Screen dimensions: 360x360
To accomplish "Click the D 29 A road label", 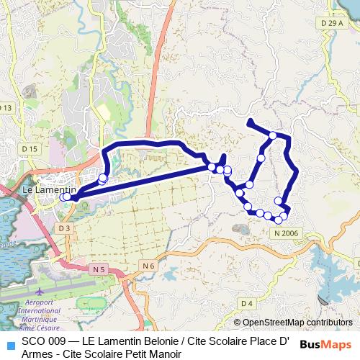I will [x=331, y=24].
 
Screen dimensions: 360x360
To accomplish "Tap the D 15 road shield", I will [x=30, y=148].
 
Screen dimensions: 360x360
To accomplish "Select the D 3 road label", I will [x=65, y=228].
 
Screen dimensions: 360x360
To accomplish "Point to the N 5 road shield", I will [x=99, y=269].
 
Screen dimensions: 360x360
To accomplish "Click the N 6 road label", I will [x=148, y=266].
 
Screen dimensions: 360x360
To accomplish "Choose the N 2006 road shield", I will [x=286, y=234].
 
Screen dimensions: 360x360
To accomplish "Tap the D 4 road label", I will [x=247, y=303].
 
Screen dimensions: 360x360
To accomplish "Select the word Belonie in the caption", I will [x=162, y=341].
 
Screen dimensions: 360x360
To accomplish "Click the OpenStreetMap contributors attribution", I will [x=297, y=323].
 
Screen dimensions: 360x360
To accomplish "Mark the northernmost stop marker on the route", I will [x=273, y=135].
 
